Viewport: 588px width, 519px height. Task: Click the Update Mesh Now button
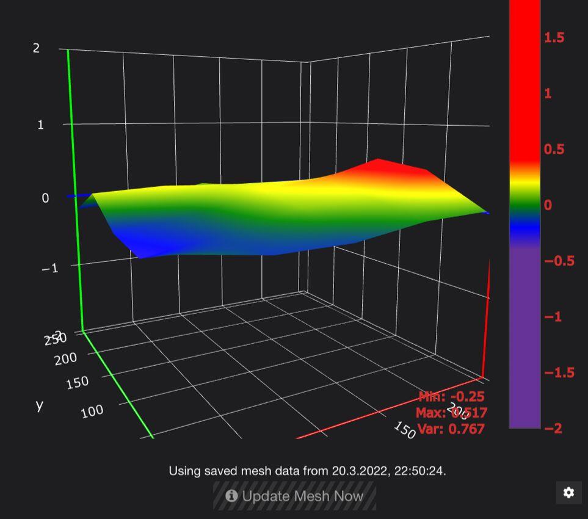tap(294, 496)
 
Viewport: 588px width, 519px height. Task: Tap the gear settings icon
tap(568, 493)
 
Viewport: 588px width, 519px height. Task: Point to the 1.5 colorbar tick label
tap(554, 38)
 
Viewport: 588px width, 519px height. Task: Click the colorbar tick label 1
tap(548, 93)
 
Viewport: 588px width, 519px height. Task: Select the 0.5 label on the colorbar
tap(554, 150)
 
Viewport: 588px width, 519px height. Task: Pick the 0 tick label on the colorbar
tap(548, 205)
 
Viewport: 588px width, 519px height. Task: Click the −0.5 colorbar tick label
tap(559, 261)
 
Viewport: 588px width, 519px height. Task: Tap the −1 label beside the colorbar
tap(553, 317)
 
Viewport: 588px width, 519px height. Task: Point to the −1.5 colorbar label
tap(559, 372)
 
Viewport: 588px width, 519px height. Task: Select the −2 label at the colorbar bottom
tap(553, 429)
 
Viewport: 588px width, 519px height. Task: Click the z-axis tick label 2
tap(36, 48)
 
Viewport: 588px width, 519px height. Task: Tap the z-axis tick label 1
tap(40, 125)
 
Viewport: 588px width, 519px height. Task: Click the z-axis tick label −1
tap(49, 267)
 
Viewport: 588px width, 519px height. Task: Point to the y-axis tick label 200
tap(65, 358)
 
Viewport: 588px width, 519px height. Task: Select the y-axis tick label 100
tap(92, 410)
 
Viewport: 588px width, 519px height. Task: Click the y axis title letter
tap(40, 405)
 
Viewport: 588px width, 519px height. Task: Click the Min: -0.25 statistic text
tap(451, 397)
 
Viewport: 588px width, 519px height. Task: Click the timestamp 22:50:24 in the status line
tap(420, 471)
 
